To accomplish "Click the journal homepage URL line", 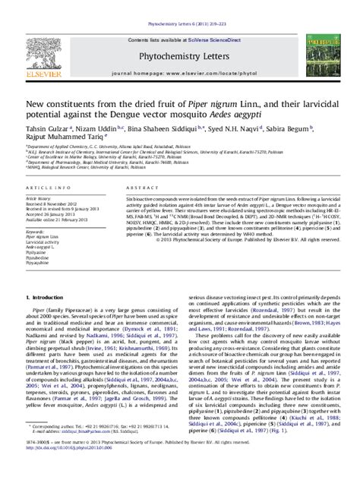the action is tap(180, 56).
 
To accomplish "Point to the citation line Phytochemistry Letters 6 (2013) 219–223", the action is tap(179, 4).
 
